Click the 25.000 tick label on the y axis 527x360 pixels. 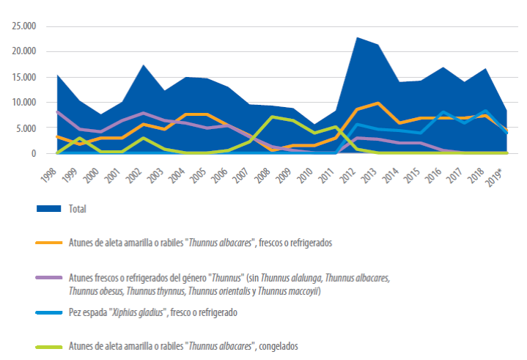click(24, 26)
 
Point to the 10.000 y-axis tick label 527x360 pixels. click(24, 102)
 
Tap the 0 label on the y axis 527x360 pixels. click(34, 154)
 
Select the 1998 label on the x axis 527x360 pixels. click(49, 175)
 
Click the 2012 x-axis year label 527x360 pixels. click(349, 175)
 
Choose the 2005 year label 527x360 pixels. click(199, 175)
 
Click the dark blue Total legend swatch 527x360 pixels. click(48, 209)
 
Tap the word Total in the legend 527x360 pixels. click(78, 209)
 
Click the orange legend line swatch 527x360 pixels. click(49, 243)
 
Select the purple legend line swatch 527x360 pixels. click(49, 278)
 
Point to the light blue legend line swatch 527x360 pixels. click(49, 312)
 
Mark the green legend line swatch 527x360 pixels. click(49, 347)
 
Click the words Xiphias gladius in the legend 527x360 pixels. click(138, 312)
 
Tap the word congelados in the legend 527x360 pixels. click(279, 346)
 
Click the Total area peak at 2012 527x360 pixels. click(357, 37)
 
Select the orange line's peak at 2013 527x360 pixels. click(378, 103)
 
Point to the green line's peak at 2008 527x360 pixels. click(272, 117)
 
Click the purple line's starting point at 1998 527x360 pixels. click(57, 112)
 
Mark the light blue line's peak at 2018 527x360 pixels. click(485, 111)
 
